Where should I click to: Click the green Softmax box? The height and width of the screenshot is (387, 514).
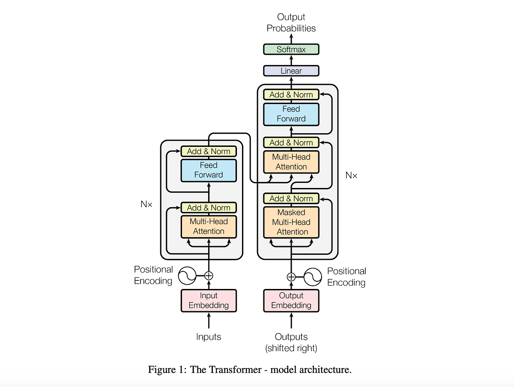click(x=291, y=49)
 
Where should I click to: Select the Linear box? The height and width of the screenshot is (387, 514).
click(x=291, y=71)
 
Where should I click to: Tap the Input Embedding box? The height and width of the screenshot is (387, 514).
click(x=209, y=301)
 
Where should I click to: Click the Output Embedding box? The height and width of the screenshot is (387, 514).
click(x=291, y=301)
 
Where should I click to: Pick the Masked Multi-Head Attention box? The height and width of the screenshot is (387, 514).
click(x=291, y=222)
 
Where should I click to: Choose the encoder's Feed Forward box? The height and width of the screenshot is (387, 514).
click(x=209, y=170)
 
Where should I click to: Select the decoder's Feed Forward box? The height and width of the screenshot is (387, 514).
click(x=291, y=114)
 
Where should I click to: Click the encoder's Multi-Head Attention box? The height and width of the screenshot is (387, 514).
click(x=209, y=226)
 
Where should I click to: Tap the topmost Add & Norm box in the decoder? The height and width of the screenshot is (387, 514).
click(x=291, y=95)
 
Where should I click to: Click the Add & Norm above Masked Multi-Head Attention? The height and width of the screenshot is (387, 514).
click(x=291, y=198)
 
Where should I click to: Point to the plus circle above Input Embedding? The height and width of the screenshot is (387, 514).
click(x=209, y=276)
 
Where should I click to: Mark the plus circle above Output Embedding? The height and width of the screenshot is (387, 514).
click(x=291, y=277)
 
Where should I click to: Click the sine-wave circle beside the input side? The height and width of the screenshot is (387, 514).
click(x=187, y=276)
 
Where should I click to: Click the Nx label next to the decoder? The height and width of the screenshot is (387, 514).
click(x=351, y=175)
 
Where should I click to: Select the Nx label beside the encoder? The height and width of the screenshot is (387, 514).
click(x=146, y=204)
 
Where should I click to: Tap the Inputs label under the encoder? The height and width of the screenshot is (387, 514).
click(x=209, y=337)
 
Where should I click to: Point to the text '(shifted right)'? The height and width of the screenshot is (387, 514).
click(x=291, y=348)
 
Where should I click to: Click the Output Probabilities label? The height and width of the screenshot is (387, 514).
click(x=291, y=23)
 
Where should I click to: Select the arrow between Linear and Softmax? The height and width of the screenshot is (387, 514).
click(x=291, y=60)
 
